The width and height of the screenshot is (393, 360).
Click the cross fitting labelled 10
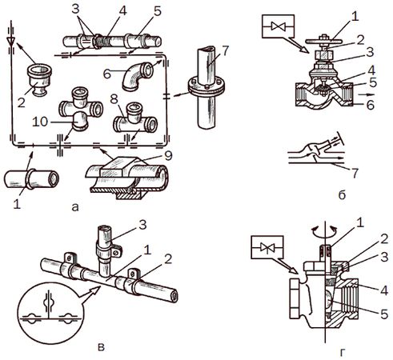tap(81, 109)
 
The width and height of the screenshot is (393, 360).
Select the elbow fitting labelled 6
tap(137, 76)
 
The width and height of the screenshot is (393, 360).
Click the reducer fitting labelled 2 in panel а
tap(39, 79)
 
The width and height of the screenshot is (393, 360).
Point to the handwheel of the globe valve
tap(324, 41)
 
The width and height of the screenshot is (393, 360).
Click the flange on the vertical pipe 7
tap(206, 86)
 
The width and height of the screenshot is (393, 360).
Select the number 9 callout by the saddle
tap(169, 156)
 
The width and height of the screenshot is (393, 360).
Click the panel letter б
tap(342, 195)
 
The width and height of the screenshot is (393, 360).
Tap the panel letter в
tap(101, 347)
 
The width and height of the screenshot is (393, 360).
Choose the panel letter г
tap(343, 353)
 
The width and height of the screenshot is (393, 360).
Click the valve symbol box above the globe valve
tap(279, 26)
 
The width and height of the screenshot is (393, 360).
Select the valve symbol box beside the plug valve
tap(267, 247)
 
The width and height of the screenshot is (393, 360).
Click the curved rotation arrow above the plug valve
tap(325, 230)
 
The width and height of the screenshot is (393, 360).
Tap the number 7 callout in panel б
tap(355, 174)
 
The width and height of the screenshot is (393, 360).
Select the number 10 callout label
tap(40, 122)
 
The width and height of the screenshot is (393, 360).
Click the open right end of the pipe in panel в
tap(174, 296)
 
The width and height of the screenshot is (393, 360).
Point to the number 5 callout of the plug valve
tap(384, 314)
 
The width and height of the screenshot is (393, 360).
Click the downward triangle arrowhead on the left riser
tap(10, 41)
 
